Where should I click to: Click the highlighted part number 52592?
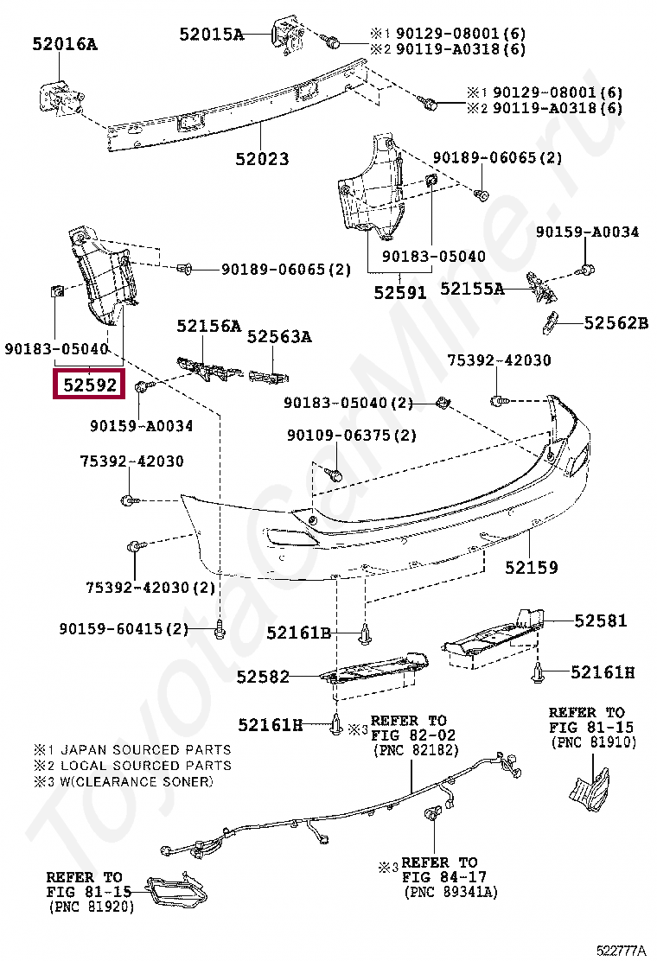click(x=89, y=385)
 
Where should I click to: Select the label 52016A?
click(x=65, y=43)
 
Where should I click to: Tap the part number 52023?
click(x=261, y=159)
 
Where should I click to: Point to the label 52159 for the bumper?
click(x=532, y=568)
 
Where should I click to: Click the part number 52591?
click(x=400, y=293)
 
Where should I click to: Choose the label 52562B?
click(x=616, y=323)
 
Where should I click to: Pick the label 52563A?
click(x=279, y=337)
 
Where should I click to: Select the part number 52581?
click(x=601, y=621)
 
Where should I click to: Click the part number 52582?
click(x=263, y=678)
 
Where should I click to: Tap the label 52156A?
click(x=208, y=326)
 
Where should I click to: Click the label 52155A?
click(x=472, y=289)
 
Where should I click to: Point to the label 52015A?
click(x=212, y=35)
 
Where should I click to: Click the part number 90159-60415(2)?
click(x=124, y=628)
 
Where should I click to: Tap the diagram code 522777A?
click(x=620, y=950)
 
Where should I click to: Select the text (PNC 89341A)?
click(x=450, y=891)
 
